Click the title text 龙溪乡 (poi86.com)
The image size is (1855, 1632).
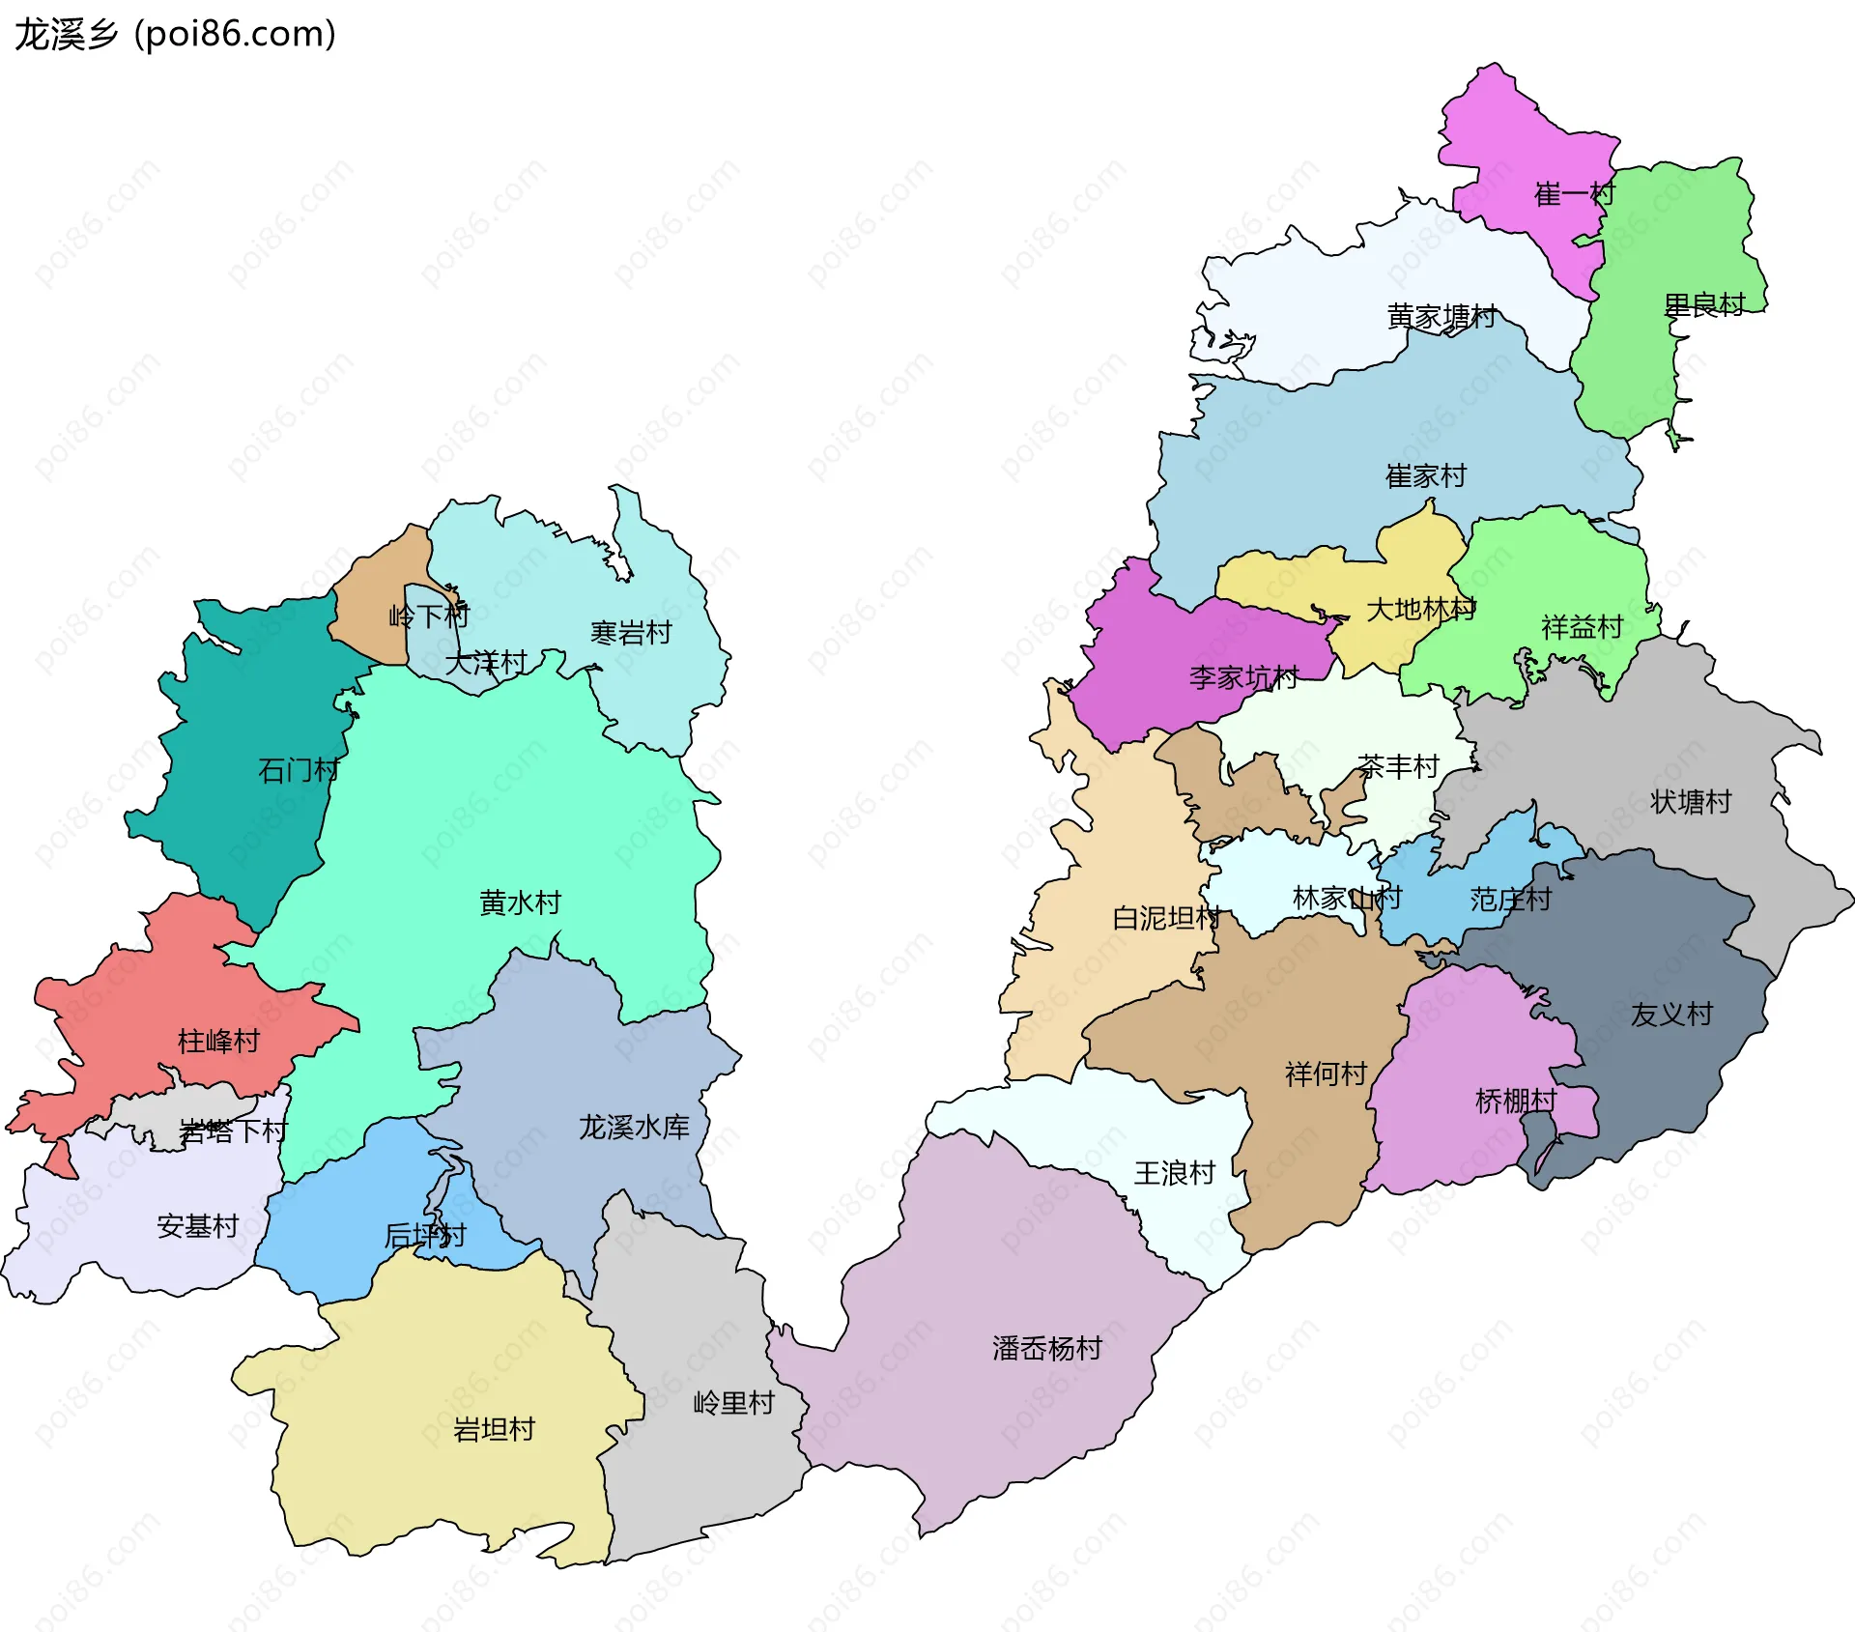[175, 35]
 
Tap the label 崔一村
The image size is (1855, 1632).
[1574, 194]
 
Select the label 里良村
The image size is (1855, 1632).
[1703, 305]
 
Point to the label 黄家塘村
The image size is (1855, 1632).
[1441, 316]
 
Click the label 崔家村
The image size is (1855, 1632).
[1426, 475]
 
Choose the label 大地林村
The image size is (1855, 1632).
[1420, 610]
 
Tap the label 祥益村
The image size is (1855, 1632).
[1582, 627]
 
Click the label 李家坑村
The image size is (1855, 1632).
[1243, 677]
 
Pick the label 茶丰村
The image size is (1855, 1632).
[1398, 767]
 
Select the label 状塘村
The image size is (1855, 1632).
[1691, 802]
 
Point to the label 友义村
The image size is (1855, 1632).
[1671, 1015]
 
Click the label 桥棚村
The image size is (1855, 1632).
[1516, 1101]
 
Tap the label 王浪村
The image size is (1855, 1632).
[1174, 1173]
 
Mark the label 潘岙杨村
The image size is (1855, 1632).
[1047, 1348]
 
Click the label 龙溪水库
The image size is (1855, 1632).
[634, 1127]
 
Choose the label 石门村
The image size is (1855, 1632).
[299, 770]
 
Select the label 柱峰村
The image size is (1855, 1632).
[219, 1041]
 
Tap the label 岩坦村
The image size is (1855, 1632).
[494, 1429]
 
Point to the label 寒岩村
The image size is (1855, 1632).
[631, 633]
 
